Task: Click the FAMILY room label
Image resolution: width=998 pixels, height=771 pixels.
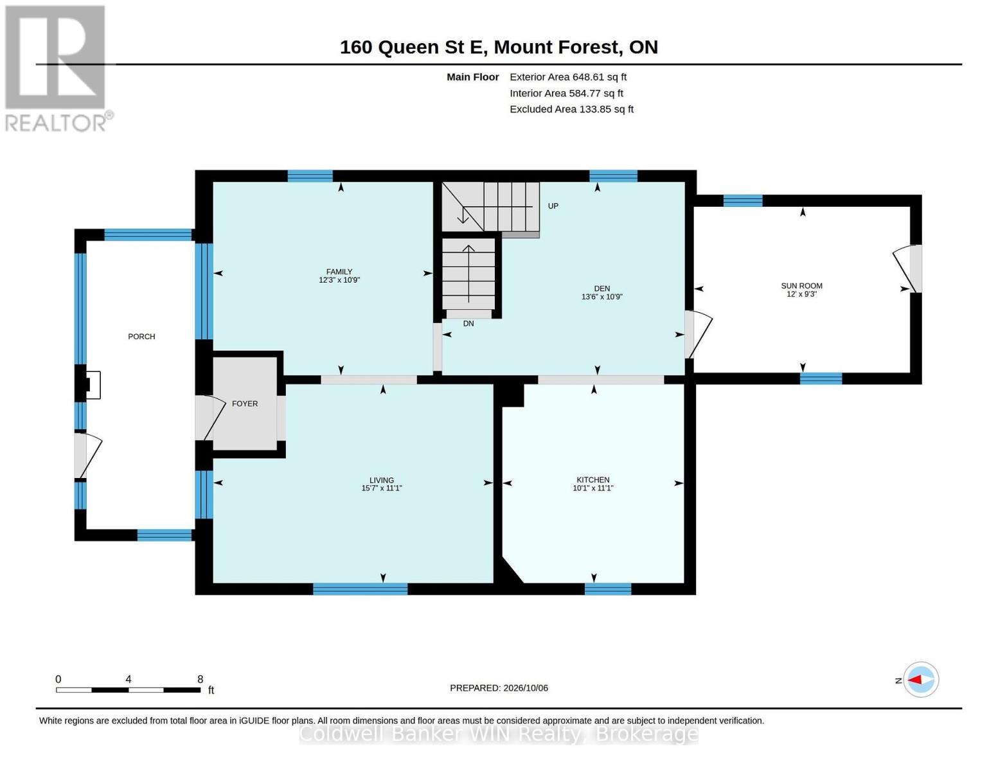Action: coord(339,271)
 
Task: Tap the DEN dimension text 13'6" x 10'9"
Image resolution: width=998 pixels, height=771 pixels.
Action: coord(601,297)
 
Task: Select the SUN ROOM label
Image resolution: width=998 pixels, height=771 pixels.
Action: coord(801,286)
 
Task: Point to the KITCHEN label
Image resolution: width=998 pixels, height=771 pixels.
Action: coord(593,479)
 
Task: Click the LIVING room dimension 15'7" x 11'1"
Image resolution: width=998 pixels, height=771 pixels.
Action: coord(382,488)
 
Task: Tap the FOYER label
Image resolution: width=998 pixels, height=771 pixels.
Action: coord(245,403)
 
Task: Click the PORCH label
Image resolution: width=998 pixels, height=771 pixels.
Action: coord(141,337)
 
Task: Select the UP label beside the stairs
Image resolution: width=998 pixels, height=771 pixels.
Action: coord(553,206)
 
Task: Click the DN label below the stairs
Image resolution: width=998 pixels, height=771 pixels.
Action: coord(468,324)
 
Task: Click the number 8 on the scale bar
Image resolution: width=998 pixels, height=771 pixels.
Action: coord(200,679)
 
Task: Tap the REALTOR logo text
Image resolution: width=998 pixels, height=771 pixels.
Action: coord(56,123)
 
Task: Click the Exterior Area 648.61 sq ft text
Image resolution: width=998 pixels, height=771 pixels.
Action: coord(568,77)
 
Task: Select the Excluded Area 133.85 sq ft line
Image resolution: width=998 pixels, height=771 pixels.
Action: coord(571,109)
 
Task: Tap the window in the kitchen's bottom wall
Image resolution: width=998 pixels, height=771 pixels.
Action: coord(608,589)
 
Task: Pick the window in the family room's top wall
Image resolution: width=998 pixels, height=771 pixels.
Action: coord(310,176)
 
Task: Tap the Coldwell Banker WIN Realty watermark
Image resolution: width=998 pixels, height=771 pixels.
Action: coord(499,734)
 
